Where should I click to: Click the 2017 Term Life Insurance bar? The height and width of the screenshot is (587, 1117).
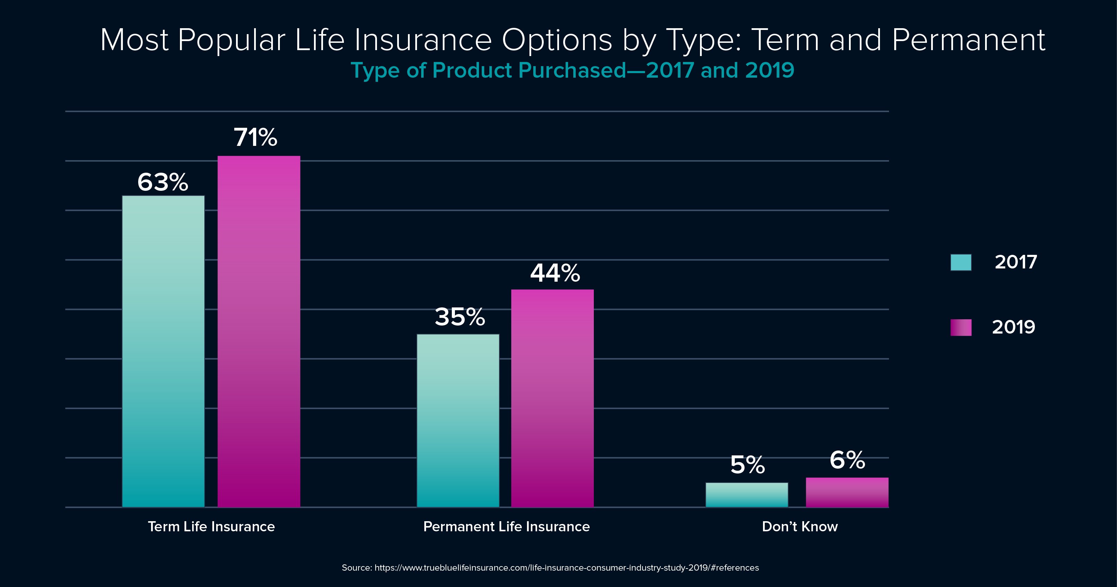[x=163, y=351]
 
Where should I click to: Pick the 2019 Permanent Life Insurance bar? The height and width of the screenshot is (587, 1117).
[x=552, y=398]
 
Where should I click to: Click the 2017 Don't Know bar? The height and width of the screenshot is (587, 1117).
[x=747, y=495]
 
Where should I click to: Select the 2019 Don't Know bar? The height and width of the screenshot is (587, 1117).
[x=847, y=492]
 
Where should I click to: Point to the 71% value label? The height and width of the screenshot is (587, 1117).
[x=255, y=138]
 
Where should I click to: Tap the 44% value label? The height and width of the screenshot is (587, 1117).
[x=555, y=273]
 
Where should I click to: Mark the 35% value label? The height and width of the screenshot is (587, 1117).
[x=459, y=317]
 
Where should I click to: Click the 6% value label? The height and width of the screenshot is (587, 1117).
[x=847, y=460]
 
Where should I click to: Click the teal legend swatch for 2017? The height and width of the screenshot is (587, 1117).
[x=961, y=263]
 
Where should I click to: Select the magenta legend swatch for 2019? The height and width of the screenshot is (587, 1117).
[x=961, y=328]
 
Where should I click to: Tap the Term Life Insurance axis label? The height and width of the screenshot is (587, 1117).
[x=211, y=527]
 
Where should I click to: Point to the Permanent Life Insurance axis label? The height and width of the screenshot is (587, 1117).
[x=506, y=527]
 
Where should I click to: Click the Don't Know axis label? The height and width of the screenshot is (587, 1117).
[x=800, y=527]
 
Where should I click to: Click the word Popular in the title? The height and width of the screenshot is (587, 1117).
[x=231, y=40]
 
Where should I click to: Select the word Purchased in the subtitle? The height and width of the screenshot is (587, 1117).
[x=572, y=70]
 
